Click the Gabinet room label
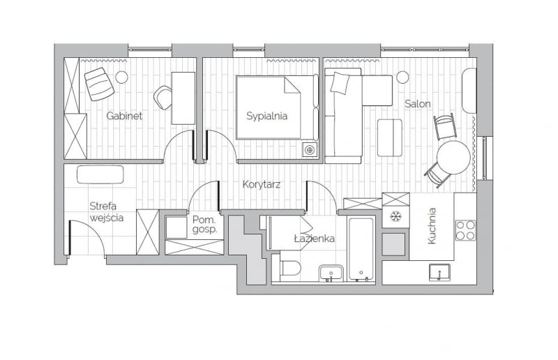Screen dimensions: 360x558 pyautogui.click(x=124, y=116)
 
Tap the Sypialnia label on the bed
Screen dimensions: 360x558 pyautogui.click(x=266, y=116)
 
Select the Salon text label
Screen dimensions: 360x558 pyautogui.click(x=418, y=103)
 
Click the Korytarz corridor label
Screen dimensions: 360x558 pyautogui.click(x=261, y=185)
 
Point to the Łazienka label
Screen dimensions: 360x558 pyautogui.click(x=314, y=239)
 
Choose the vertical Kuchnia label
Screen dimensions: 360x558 pyautogui.click(x=432, y=225)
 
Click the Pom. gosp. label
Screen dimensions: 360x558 pyautogui.click(x=205, y=224)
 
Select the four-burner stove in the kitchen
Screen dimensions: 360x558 pyautogui.click(x=465, y=230)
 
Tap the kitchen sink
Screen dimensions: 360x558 pyautogui.click(x=439, y=272)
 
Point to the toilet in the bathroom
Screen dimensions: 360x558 pyautogui.click(x=289, y=268)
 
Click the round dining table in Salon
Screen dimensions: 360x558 pyautogui.click(x=453, y=158)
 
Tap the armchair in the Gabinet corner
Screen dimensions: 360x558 pyautogui.click(x=99, y=84)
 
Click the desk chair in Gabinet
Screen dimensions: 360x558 pyautogui.click(x=163, y=97)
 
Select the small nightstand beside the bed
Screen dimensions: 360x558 pyautogui.click(x=310, y=149)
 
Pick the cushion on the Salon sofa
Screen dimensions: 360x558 pyautogui.click(x=340, y=83)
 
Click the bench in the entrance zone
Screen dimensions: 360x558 pyautogui.click(x=100, y=174)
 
